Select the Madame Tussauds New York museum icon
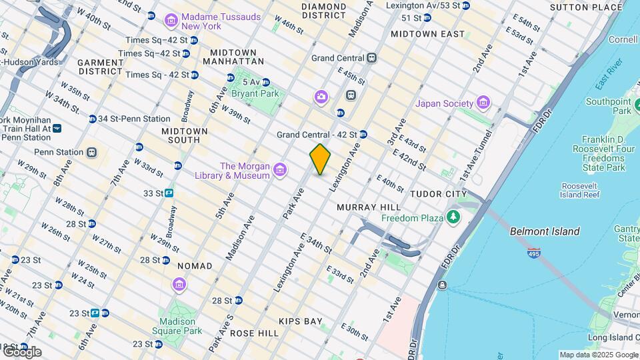[171, 20]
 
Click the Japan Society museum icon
[483, 103]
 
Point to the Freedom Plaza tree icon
[453, 217]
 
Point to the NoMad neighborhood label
[195, 266]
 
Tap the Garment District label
[101, 67]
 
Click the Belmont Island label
[545, 232]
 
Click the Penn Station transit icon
[91, 152]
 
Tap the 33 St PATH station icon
[169, 193]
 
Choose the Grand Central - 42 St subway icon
[363, 135]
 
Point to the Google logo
[22, 351]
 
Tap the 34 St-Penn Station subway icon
[92, 119]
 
